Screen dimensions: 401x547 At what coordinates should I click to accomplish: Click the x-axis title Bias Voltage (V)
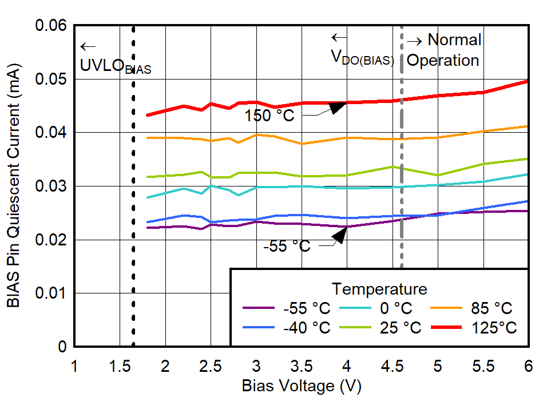tap(302, 386)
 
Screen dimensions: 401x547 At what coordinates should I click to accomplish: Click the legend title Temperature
tap(379, 288)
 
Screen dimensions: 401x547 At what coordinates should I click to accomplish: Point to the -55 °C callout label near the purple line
tap(287, 246)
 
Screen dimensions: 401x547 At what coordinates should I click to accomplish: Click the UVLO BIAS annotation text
tap(116, 66)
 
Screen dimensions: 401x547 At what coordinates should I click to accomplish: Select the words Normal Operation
tap(444, 50)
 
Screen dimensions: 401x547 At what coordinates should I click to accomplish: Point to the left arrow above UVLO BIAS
tap(88, 47)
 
